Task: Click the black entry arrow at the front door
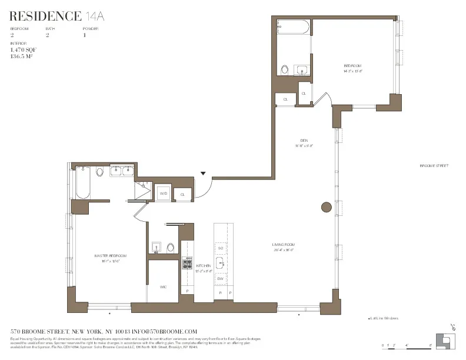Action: coord(204,174)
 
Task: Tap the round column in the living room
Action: coord(326,207)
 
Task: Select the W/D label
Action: coord(163,194)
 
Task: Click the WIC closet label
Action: coord(163,286)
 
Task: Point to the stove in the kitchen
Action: coord(187,265)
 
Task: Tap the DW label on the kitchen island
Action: coord(220,278)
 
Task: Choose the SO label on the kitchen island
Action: coord(220,248)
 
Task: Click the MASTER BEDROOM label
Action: coord(111,256)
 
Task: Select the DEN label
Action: coord(304,140)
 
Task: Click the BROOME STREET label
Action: coord(434,166)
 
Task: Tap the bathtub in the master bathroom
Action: coord(82,182)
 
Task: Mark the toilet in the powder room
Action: coord(170,247)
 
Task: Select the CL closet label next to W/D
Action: coord(182,194)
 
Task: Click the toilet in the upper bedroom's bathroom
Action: coord(285,70)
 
